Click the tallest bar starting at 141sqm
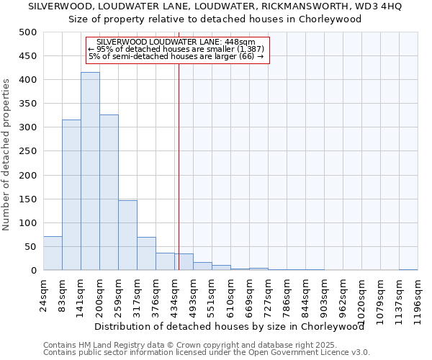(90, 171)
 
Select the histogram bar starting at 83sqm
(71, 195)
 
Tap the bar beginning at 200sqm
(109, 192)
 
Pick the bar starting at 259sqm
(127, 235)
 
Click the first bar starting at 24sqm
(53, 253)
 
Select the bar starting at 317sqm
(146, 253)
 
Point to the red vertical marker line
(178, 158)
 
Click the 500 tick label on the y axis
(27, 32)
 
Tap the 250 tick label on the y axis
(27, 151)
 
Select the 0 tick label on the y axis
(33, 271)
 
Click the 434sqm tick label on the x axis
(174, 294)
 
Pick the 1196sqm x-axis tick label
(418, 297)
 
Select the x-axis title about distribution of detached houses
(229, 327)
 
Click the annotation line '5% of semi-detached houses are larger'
(176, 56)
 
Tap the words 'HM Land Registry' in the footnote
(105, 345)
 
